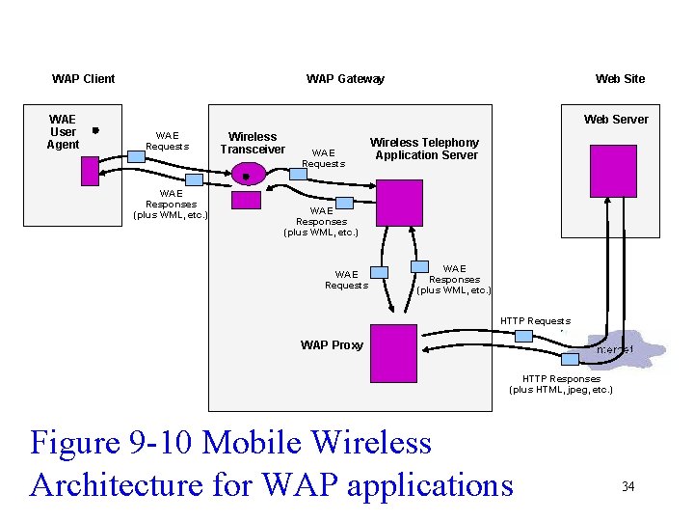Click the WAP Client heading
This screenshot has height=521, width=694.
[x=83, y=79]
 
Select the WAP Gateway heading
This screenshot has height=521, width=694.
[x=345, y=79]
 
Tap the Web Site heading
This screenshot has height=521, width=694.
[x=620, y=79]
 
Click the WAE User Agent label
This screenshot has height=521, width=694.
[x=63, y=132]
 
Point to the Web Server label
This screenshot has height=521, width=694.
[x=616, y=120]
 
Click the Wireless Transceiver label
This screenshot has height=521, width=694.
[x=253, y=143]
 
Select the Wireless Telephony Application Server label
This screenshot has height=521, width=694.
[x=424, y=149]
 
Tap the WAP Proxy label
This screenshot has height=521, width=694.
[x=332, y=345]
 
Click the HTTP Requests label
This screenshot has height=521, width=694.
[x=535, y=321]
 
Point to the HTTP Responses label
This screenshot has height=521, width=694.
[x=560, y=384]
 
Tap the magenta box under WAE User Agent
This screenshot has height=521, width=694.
[x=90, y=171]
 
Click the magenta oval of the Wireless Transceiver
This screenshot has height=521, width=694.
[x=247, y=175]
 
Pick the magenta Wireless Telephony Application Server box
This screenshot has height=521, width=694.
[x=399, y=203]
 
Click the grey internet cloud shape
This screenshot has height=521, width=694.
[x=627, y=349]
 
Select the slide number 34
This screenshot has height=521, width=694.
[x=627, y=486]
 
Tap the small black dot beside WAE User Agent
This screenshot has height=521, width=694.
[x=94, y=130]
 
